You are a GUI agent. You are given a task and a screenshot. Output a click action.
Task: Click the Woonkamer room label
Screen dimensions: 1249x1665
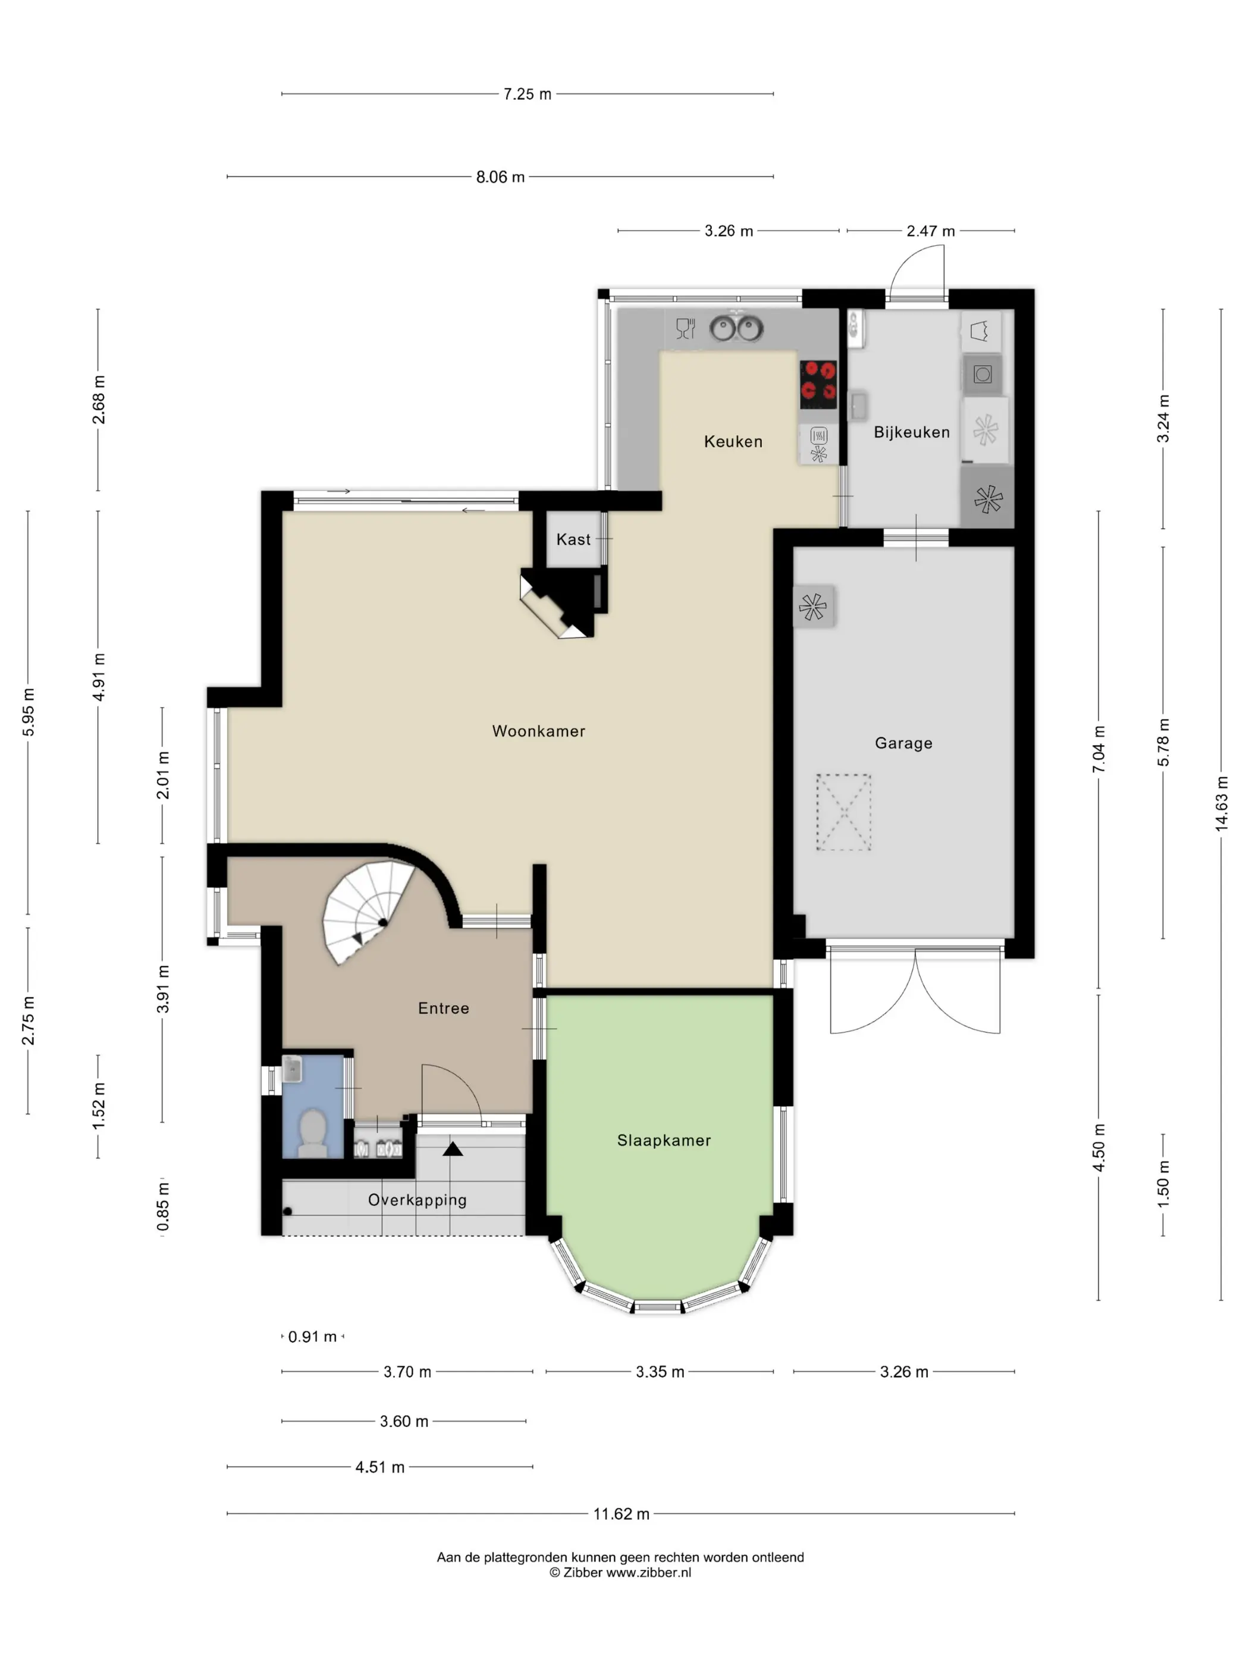(538, 731)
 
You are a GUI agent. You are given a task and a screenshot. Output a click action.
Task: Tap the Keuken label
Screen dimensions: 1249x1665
(733, 442)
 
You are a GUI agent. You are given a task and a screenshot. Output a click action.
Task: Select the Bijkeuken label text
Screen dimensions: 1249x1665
(912, 432)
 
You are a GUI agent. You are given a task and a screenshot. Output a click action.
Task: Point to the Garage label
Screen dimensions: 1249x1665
(903, 743)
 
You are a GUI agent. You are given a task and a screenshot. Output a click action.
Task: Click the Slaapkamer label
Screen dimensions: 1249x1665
(664, 1141)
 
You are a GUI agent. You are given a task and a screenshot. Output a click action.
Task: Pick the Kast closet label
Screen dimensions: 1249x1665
(574, 539)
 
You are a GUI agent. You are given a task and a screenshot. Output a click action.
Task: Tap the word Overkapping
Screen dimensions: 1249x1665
(417, 1200)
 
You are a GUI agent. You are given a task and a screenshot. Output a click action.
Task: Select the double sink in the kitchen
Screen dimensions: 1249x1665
(736, 328)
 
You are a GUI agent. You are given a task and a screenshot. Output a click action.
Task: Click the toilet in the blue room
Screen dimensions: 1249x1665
(312, 1132)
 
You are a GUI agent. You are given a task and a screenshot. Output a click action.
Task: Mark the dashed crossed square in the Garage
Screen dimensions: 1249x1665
(844, 812)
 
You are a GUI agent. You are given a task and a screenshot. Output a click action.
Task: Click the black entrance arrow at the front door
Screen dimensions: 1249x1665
(453, 1149)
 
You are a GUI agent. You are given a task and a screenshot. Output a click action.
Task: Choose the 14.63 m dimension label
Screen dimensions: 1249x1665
(1221, 804)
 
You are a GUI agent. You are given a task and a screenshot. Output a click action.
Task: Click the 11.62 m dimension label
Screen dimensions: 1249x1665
(621, 1514)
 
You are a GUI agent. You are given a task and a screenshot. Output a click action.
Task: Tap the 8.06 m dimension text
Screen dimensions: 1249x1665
(500, 177)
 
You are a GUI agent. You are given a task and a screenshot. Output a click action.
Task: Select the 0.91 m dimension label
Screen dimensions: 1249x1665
(312, 1337)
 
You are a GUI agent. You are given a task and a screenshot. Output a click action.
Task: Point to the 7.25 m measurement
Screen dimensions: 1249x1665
(527, 94)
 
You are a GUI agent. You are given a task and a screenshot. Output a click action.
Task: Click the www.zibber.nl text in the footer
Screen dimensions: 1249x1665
(649, 1572)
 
